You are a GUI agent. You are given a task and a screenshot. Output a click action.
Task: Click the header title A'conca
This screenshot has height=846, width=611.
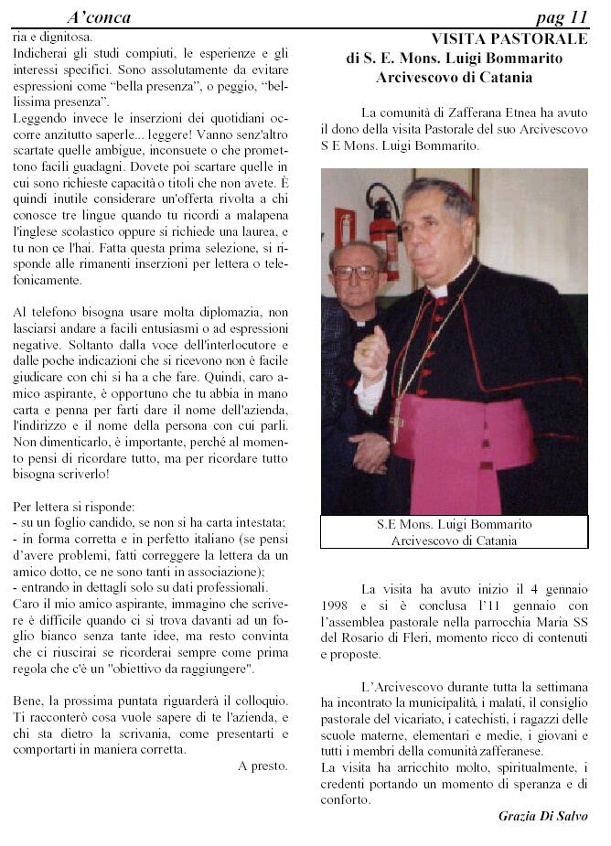click(x=99, y=17)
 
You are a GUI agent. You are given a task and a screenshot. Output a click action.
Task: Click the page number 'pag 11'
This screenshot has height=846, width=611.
click(x=561, y=17)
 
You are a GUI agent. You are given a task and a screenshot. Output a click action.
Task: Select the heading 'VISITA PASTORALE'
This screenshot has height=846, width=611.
click(x=509, y=39)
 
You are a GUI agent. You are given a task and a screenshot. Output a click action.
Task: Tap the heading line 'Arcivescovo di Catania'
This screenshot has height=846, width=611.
click(x=454, y=78)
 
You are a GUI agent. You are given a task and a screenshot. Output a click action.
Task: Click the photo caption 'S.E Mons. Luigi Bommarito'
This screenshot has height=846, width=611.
click(x=454, y=525)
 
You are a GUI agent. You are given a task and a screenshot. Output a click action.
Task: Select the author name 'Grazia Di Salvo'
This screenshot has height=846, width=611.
click(x=543, y=816)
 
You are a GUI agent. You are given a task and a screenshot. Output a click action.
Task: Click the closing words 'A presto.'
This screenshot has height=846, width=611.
click(x=263, y=766)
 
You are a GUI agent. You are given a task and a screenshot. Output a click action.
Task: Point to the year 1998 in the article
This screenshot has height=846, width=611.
click(x=337, y=605)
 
